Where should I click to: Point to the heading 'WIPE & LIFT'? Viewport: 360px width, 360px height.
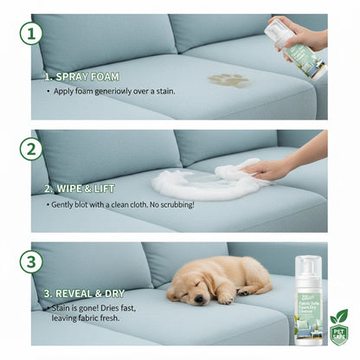click(85, 189)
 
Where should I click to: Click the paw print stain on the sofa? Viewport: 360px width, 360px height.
click(228, 80)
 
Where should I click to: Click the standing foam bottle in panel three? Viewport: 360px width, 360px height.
click(308, 299)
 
